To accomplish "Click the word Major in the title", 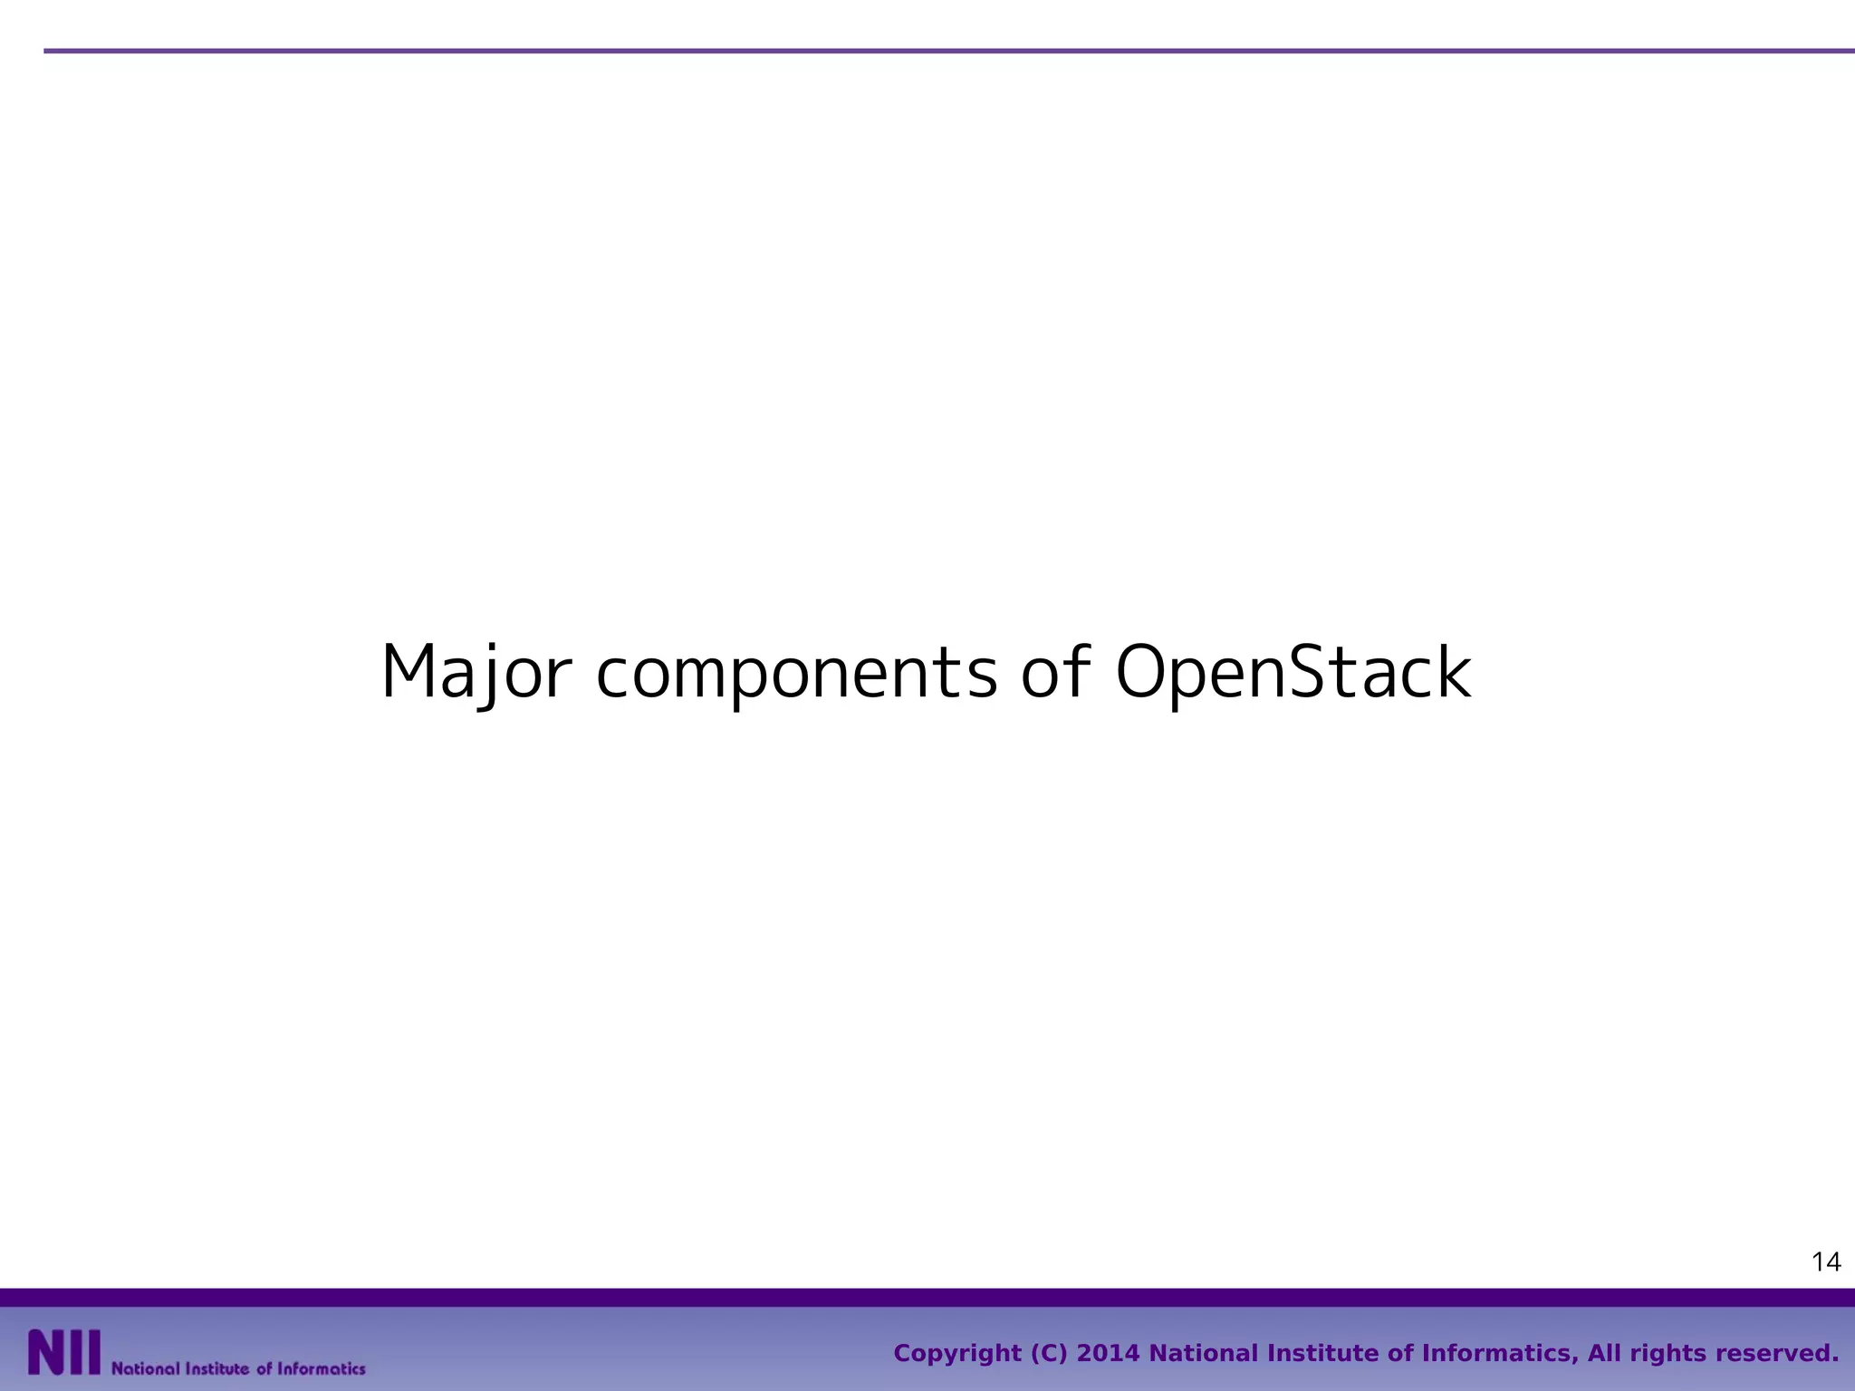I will point(476,673).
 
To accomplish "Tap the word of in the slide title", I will point(1055,671).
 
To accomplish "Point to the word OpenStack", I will point(1293,673).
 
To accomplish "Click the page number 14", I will point(1826,1261).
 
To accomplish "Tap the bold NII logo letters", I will point(63,1353).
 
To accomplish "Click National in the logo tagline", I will point(145,1368).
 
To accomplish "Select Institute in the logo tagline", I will point(217,1368).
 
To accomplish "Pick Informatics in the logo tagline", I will point(321,1368).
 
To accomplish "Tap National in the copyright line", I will point(1202,1354).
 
